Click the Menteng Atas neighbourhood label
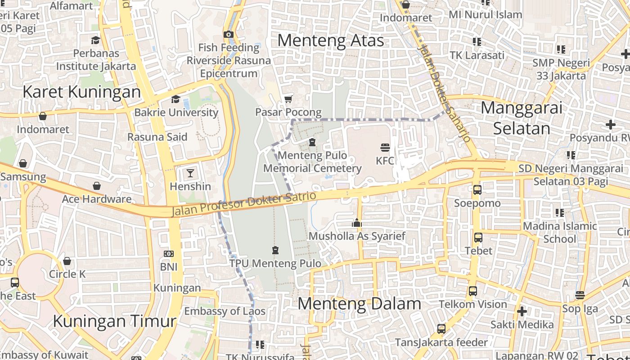330,40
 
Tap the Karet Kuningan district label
81,92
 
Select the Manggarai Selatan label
522,118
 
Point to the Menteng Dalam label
359,304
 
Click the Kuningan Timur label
114,321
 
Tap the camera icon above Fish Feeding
229,35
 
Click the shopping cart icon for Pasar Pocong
288,99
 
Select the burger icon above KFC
385,148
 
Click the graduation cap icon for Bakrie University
175,99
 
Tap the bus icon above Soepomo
477,190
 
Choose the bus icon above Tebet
478,237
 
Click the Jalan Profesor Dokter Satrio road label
244,203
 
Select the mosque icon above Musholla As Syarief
357,223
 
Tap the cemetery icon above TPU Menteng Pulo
275,250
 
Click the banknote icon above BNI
169,254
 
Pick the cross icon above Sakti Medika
522,311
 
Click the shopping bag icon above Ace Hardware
96,186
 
